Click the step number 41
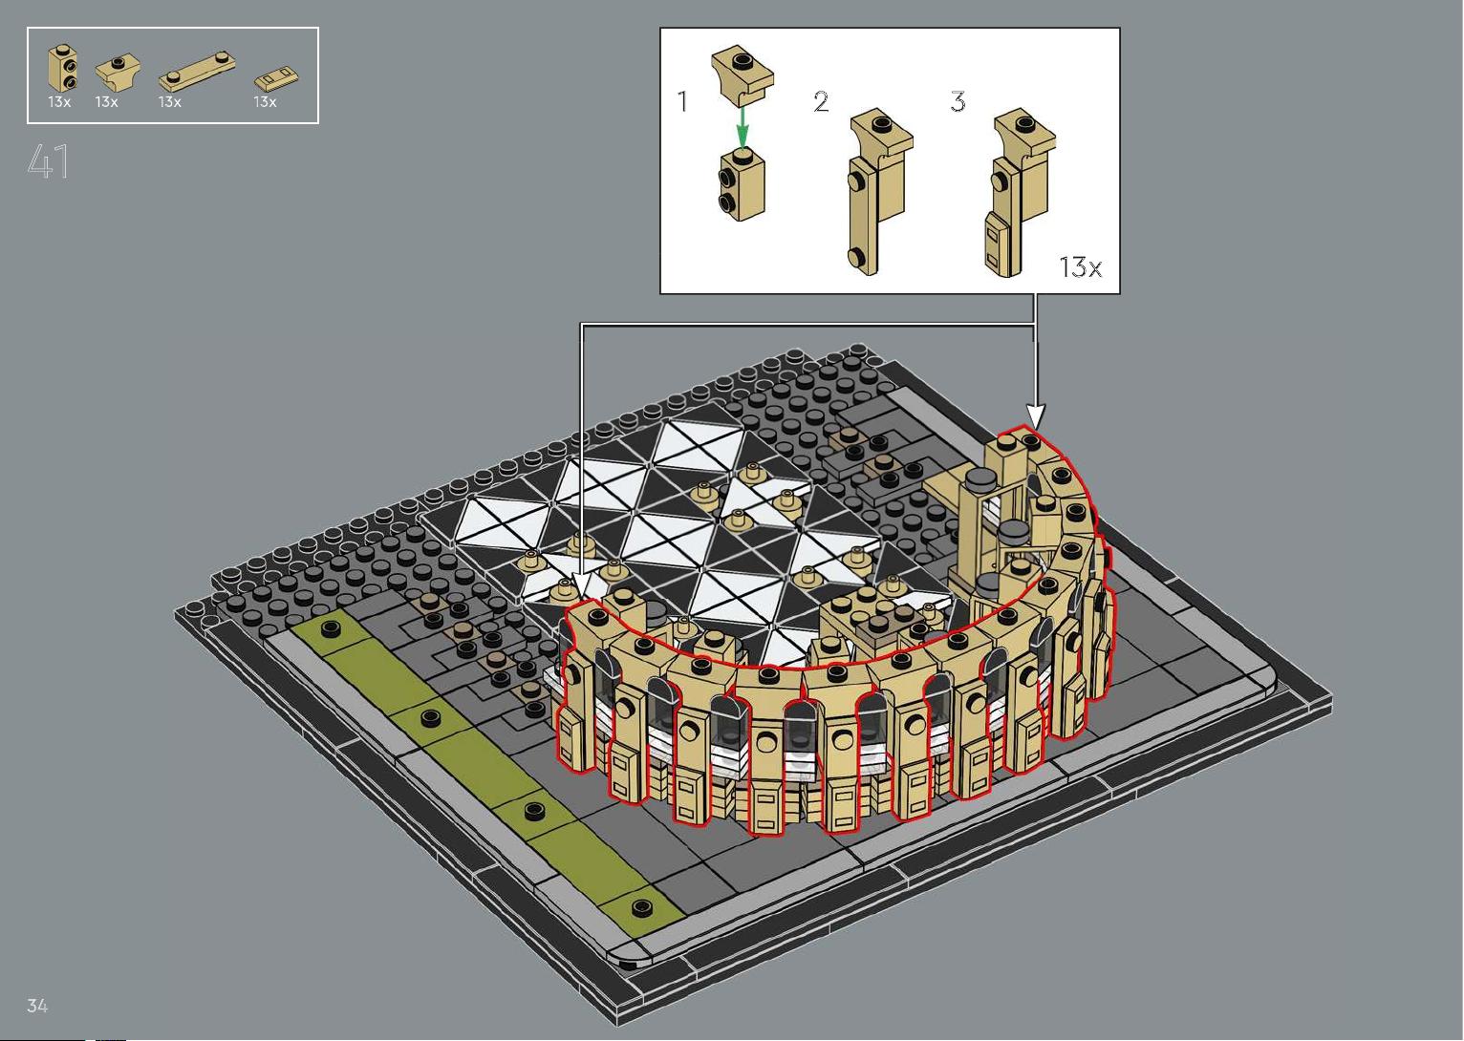[49, 161]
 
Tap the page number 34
[37, 1005]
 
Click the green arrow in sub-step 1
[742, 127]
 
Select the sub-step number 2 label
[822, 101]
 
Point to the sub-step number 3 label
[958, 101]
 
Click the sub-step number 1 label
[683, 101]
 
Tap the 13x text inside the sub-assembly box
[1080, 267]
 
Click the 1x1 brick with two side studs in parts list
[63, 68]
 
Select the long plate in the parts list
[197, 71]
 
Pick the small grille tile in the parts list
[276, 79]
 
